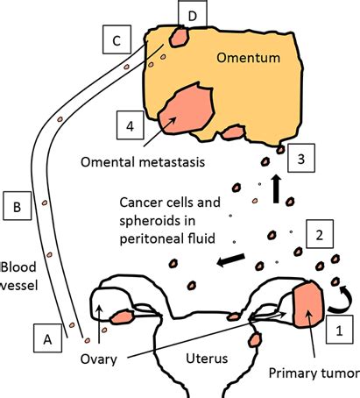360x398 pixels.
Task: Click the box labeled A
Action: tap(47, 338)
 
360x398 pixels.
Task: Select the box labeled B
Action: tap(18, 206)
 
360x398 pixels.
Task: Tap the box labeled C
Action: tap(116, 39)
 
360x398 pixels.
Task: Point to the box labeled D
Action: tap(193, 14)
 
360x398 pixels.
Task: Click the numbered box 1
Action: tap(340, 330)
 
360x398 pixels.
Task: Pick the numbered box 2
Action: tap(320, 234)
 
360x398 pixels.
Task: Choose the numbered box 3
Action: tap(301, 158)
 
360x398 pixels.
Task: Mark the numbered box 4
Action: tap(131, 125)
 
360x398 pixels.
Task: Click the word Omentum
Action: tap(249, 58)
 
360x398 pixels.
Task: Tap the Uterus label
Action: tap(207, 359)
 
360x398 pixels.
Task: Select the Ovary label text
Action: tap(99, 359)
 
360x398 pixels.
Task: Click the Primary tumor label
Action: tap(314, 373)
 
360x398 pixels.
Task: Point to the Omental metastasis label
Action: tap(143, 162)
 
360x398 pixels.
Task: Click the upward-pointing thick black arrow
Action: tap(276, 188)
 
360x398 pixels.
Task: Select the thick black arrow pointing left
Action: tap(231, 259)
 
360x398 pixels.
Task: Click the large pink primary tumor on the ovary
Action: tap(308, 304)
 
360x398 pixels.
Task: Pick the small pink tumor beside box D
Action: tap(180, 37)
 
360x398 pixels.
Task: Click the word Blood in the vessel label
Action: tap(19, 267)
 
